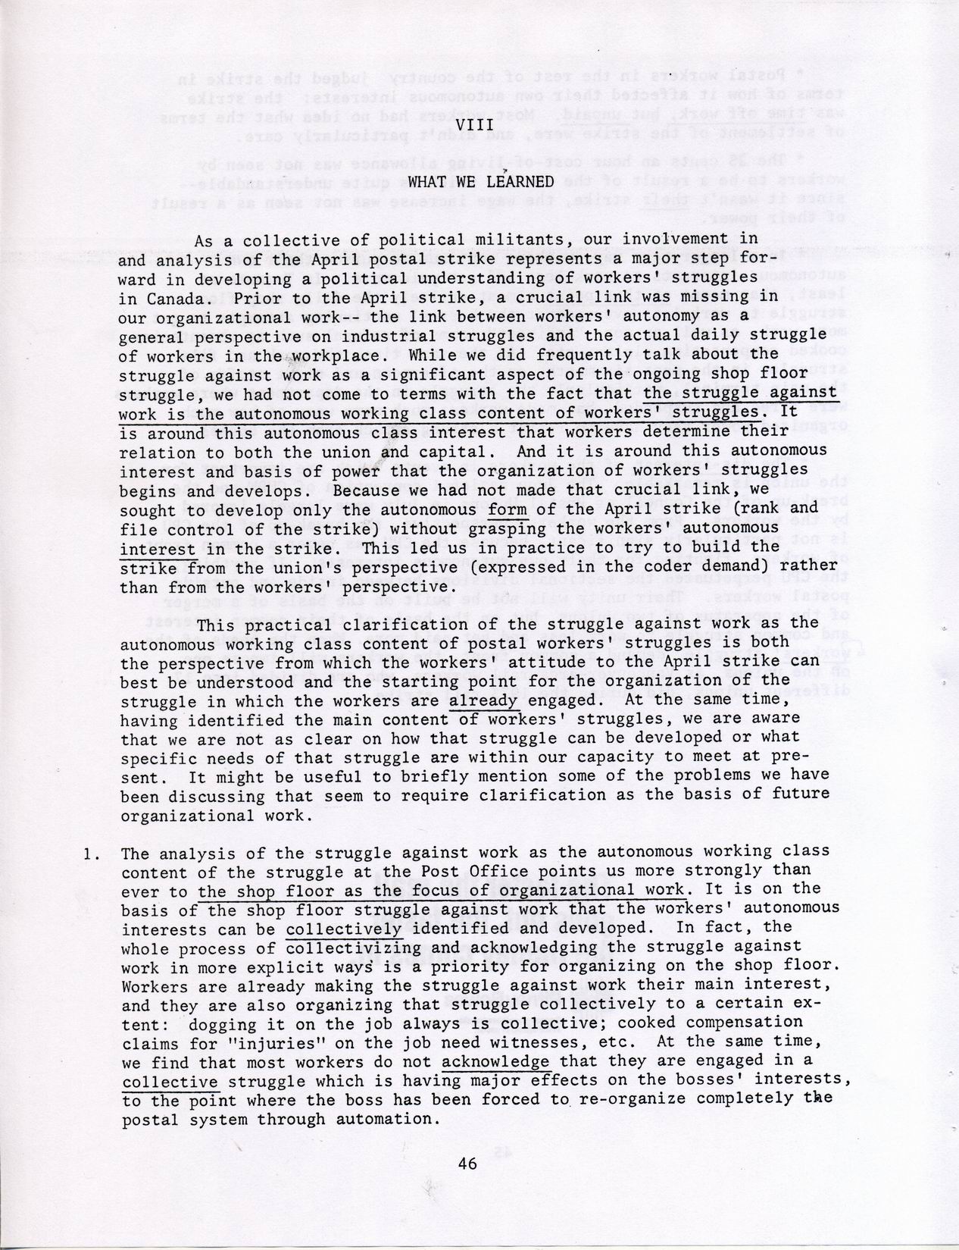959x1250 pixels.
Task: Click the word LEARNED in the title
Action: tap(521, 182)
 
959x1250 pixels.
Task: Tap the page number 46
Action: tap(467, 1164)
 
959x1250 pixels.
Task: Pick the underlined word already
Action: tap(483, 700)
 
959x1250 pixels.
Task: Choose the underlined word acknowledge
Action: tap(495, 1061)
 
